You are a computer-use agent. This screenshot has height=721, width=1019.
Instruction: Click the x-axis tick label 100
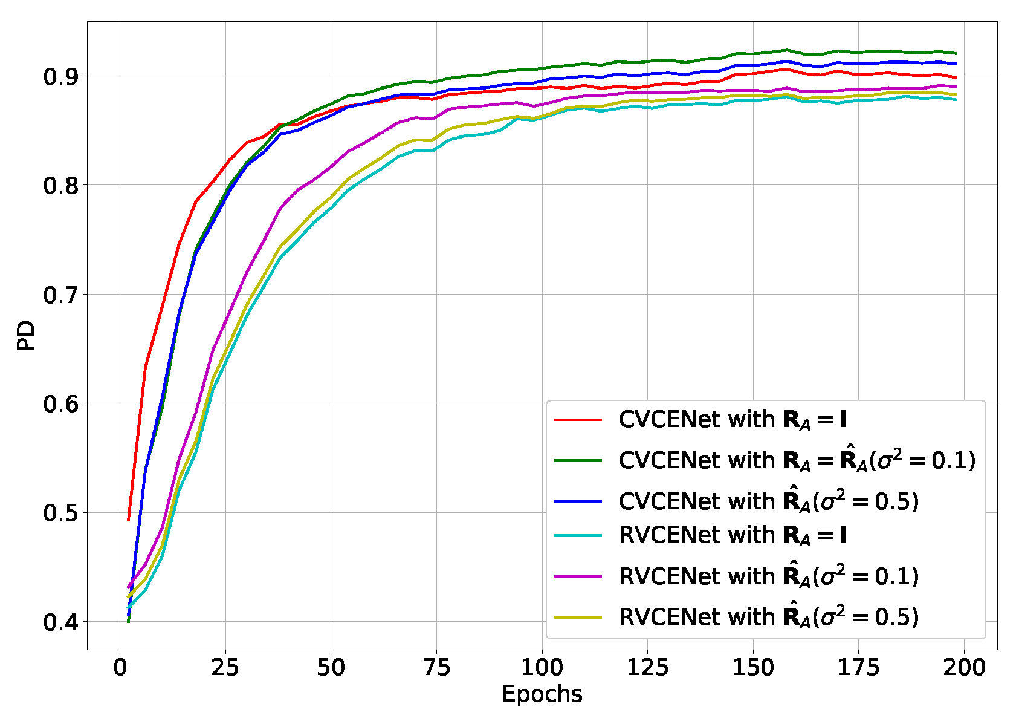[x=542, y=668]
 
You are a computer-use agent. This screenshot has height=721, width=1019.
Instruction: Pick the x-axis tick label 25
[x=225, y=668]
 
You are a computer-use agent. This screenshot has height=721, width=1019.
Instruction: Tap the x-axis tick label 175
[x=858, y=668]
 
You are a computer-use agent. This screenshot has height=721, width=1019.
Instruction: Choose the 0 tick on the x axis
[x=120, y=668]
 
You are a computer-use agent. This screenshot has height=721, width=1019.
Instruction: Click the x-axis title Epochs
[x=542, y=694]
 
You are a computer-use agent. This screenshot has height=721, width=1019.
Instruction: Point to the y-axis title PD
[x=26, y=336]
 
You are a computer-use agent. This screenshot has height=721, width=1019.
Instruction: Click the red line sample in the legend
[x=578, y=419]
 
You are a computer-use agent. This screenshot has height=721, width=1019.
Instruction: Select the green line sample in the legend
[x=578, y=460]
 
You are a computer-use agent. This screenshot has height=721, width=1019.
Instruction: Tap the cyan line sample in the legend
[x=578, y=535]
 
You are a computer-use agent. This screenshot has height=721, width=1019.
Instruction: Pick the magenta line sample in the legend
[x=578, y=576]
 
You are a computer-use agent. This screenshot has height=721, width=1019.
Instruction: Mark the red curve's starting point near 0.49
[x=129, y=520]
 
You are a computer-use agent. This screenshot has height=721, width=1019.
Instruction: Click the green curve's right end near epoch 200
[x=956, y=53]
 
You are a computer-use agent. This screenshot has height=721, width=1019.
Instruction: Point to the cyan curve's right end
[x=956, y=99]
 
